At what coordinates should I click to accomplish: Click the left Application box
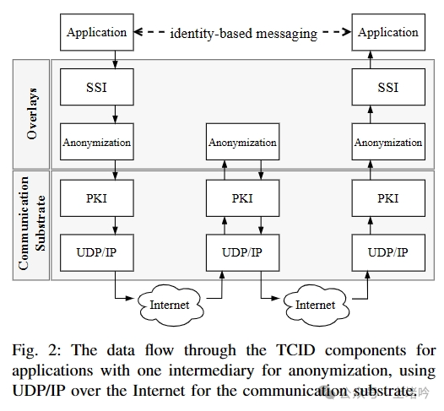[x=96, y=33]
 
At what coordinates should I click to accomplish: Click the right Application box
[x=387, y=33]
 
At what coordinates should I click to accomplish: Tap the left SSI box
[x=96, y=88]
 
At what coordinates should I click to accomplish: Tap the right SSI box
[x=387, y=88]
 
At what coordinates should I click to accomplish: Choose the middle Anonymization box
[x=242, y=143]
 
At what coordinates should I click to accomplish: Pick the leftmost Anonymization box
[x=96, y=143]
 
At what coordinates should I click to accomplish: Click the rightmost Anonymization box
[x=387, y=143]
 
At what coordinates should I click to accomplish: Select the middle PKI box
[x=242, y=198]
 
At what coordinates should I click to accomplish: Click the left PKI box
[x=96, y=198]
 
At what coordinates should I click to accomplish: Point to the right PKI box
[x=387, y=198]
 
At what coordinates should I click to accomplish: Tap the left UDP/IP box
[x=96, y=252]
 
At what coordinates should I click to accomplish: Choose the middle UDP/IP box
[x=242, y=252]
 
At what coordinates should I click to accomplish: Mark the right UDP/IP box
[x=387, y=252]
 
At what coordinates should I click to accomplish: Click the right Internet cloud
[x=314, y=304]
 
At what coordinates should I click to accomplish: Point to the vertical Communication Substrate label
[x=31, y=224]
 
